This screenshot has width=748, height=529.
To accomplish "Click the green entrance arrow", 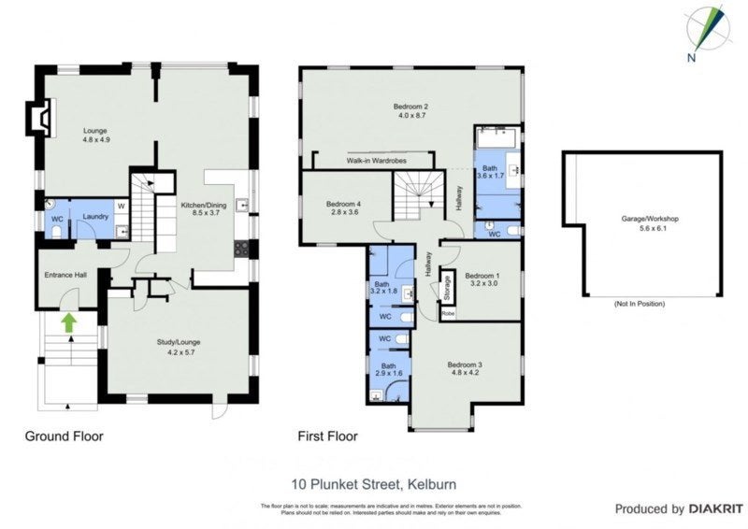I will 67,322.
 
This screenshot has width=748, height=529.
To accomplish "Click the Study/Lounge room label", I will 178,346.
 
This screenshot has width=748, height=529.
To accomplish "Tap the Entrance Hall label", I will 65,275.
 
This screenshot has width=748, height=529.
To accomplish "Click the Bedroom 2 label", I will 410,112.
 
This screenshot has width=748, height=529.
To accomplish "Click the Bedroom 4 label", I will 342,208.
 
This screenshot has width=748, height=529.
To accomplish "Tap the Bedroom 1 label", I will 482,279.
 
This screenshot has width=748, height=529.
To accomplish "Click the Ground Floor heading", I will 64,436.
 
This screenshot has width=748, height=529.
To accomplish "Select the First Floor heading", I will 327,436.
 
